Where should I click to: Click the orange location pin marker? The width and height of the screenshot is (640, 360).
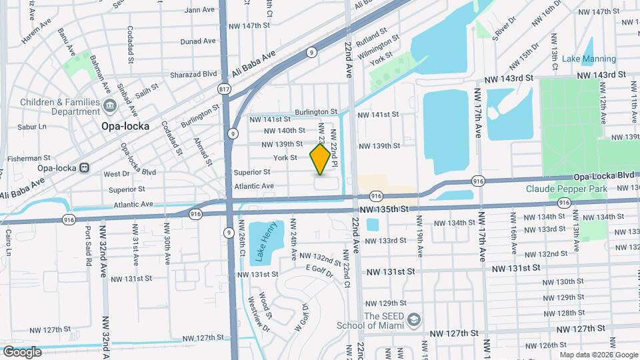[321, 159]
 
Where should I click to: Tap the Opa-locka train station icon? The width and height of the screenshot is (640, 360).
[85, 167]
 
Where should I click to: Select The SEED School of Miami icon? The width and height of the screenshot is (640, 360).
[413, 320]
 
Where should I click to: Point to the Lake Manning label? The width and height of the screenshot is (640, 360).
[589, 59]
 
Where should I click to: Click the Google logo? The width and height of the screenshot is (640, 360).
[22, 351]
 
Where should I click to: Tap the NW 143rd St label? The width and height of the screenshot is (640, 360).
[510, 78]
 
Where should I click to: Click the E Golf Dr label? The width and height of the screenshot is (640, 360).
[319, 268]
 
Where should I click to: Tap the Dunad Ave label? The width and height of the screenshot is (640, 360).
[198, 41]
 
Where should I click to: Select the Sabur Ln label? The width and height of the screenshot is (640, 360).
[32, 126]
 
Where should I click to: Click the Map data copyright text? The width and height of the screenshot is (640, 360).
[598, 354]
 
